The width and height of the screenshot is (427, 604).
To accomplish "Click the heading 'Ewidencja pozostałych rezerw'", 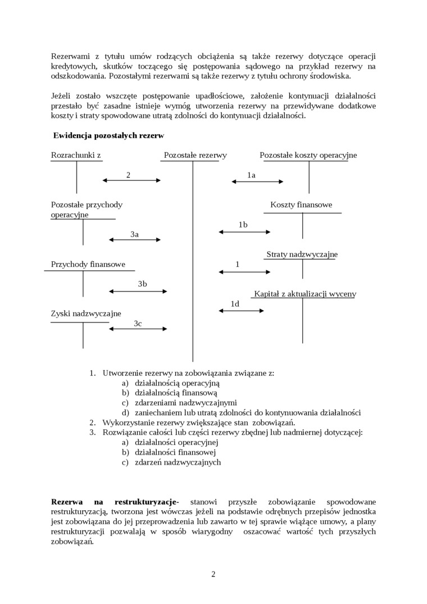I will pos(108,135).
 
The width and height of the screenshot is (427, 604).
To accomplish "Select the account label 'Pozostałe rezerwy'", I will pos(196,155).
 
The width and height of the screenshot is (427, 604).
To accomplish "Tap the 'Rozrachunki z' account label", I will pos(76,155).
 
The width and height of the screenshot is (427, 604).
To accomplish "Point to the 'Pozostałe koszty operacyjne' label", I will pos(308,155).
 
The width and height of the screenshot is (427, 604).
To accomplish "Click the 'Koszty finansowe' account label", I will pos(301,205).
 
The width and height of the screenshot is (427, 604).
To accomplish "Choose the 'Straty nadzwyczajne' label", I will pos(302,255).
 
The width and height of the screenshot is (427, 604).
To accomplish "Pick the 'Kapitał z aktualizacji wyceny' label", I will pos(305,294).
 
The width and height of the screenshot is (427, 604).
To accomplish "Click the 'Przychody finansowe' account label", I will pos(88,264).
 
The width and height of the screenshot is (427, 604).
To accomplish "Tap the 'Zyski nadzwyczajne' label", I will pos(86,314).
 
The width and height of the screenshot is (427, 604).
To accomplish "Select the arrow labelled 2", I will pos(131,180).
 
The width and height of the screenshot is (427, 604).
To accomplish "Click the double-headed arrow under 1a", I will pos(258,181).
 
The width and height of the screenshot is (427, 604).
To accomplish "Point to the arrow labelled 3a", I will pos(135,240).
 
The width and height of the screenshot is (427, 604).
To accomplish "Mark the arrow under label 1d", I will pos(241,310).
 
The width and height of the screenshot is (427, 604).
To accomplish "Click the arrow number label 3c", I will pos(138,324).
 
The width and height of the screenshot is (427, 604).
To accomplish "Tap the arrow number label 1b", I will pos(243,225).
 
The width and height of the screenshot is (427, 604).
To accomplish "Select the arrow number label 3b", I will pos(142,284).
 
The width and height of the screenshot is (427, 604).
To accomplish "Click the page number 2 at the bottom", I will pos(213,574).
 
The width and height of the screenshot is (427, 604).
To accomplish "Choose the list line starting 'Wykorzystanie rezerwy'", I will pos(199,422).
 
